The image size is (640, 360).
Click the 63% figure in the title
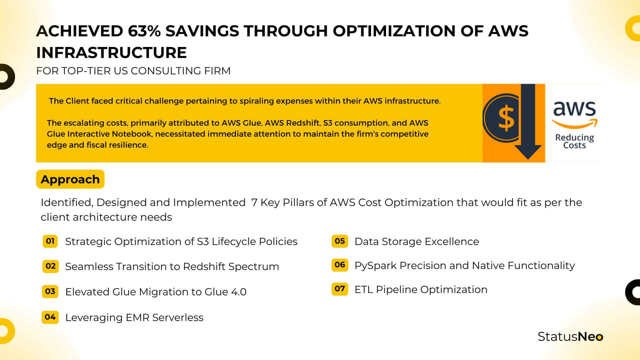(x=144, y=31)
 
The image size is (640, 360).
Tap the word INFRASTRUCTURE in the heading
(x=111, y=53)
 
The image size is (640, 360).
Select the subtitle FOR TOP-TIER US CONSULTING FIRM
(x=133, y=71)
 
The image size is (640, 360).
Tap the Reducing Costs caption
(x=574, y=141)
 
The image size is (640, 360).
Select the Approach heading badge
(x=70, y=179)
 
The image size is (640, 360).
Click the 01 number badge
(x=50, y=241)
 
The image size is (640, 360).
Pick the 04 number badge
(x=50, y=317)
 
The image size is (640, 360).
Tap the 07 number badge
(x=340, y=289)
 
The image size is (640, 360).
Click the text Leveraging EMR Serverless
(x=134, y=317)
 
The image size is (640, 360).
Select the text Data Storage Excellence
(x=417, y=241)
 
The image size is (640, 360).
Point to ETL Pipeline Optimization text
(x=421, y=289)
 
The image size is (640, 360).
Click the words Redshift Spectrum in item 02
(x=231, y=266)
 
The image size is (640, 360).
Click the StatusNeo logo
(x=570, y=337)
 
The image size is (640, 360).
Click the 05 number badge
(x=340, y=241)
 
